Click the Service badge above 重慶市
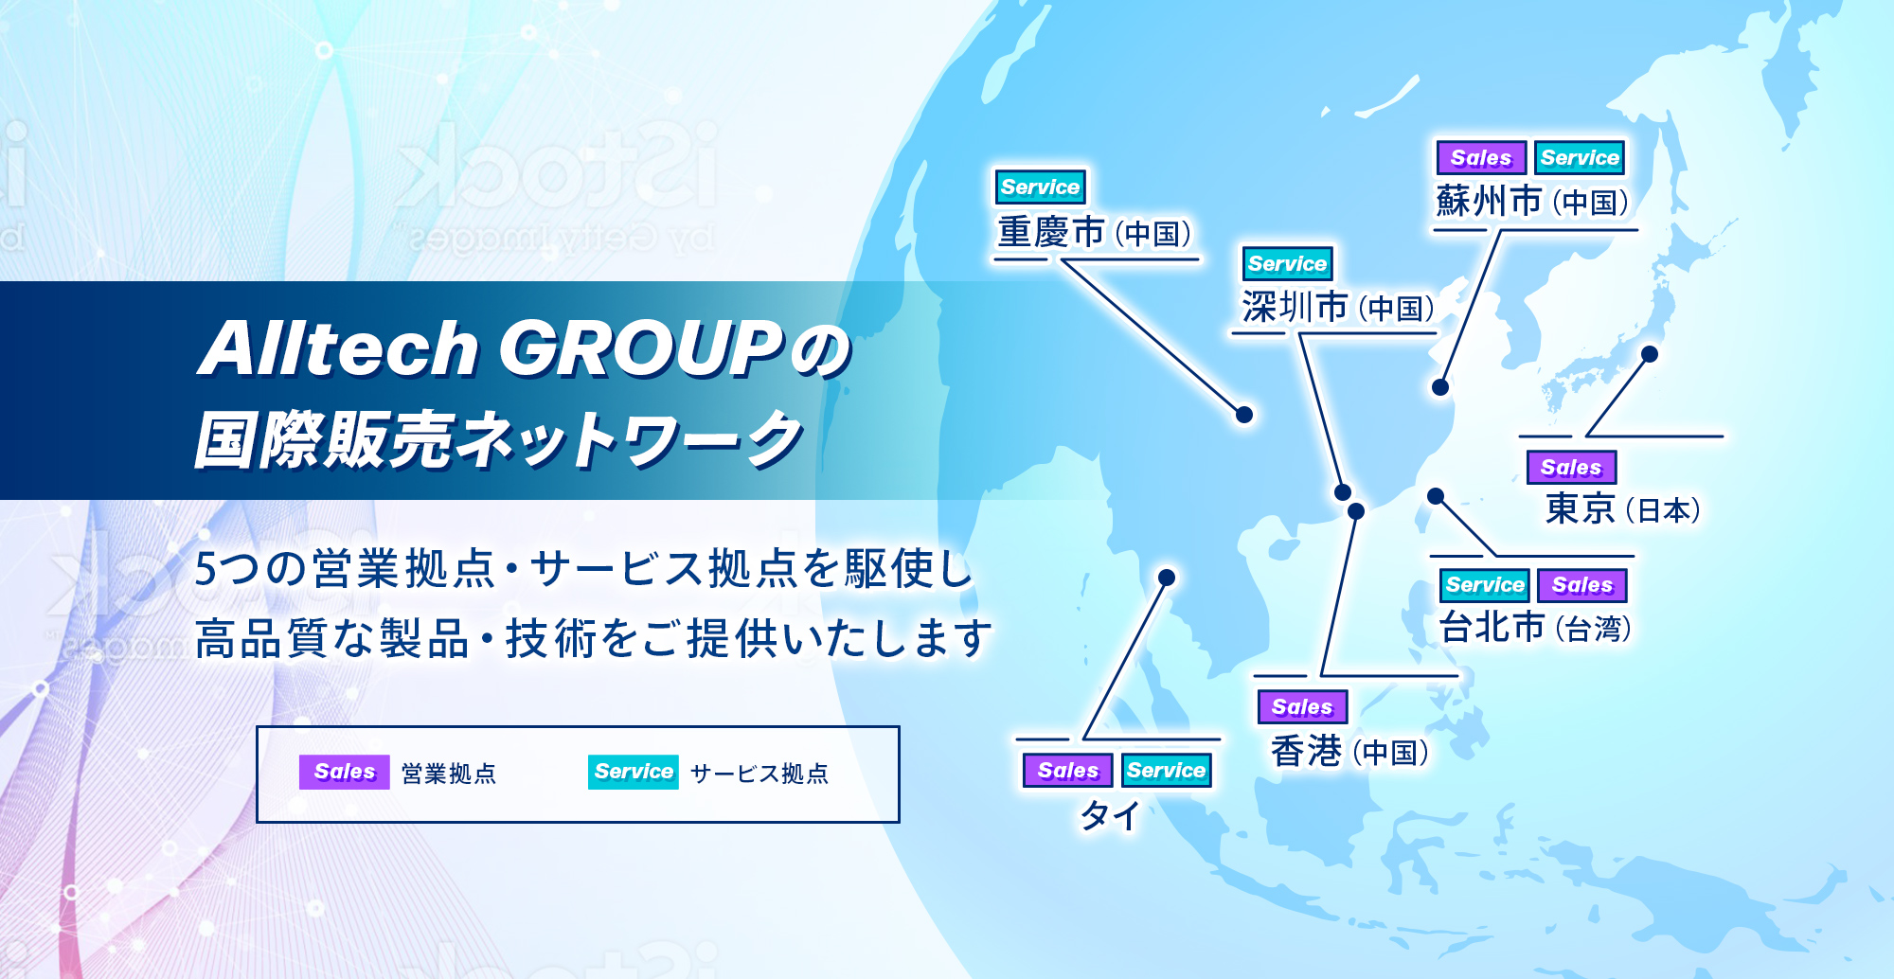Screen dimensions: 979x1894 (1040, 187)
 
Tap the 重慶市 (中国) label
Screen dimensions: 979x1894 (1094, 232)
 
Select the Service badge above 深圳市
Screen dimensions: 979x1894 (1287, 264)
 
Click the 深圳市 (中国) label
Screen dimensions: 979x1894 (1337, 307)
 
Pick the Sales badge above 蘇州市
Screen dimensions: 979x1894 (1480, 158)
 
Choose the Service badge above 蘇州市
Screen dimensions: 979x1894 (1579, 158)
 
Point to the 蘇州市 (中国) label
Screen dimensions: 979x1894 (1531, 201)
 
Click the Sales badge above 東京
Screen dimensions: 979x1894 (1570, 468)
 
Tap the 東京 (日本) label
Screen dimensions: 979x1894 (1622, 509)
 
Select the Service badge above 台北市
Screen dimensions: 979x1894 (1484, 585)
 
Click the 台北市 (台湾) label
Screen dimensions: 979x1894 (1534, 627)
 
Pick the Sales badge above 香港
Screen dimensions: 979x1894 (1301, 707)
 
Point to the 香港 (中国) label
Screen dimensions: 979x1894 (1349, 751)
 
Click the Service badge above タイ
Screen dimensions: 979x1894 (1166, 771)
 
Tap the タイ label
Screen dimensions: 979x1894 (1111, 814)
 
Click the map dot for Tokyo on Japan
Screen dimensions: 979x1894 (1650, 354)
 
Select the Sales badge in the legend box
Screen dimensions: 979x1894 (344, 773)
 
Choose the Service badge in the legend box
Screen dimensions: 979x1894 (633, 773)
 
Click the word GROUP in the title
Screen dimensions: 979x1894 (640, 348)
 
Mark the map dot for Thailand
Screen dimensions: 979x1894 (1167, 578)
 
